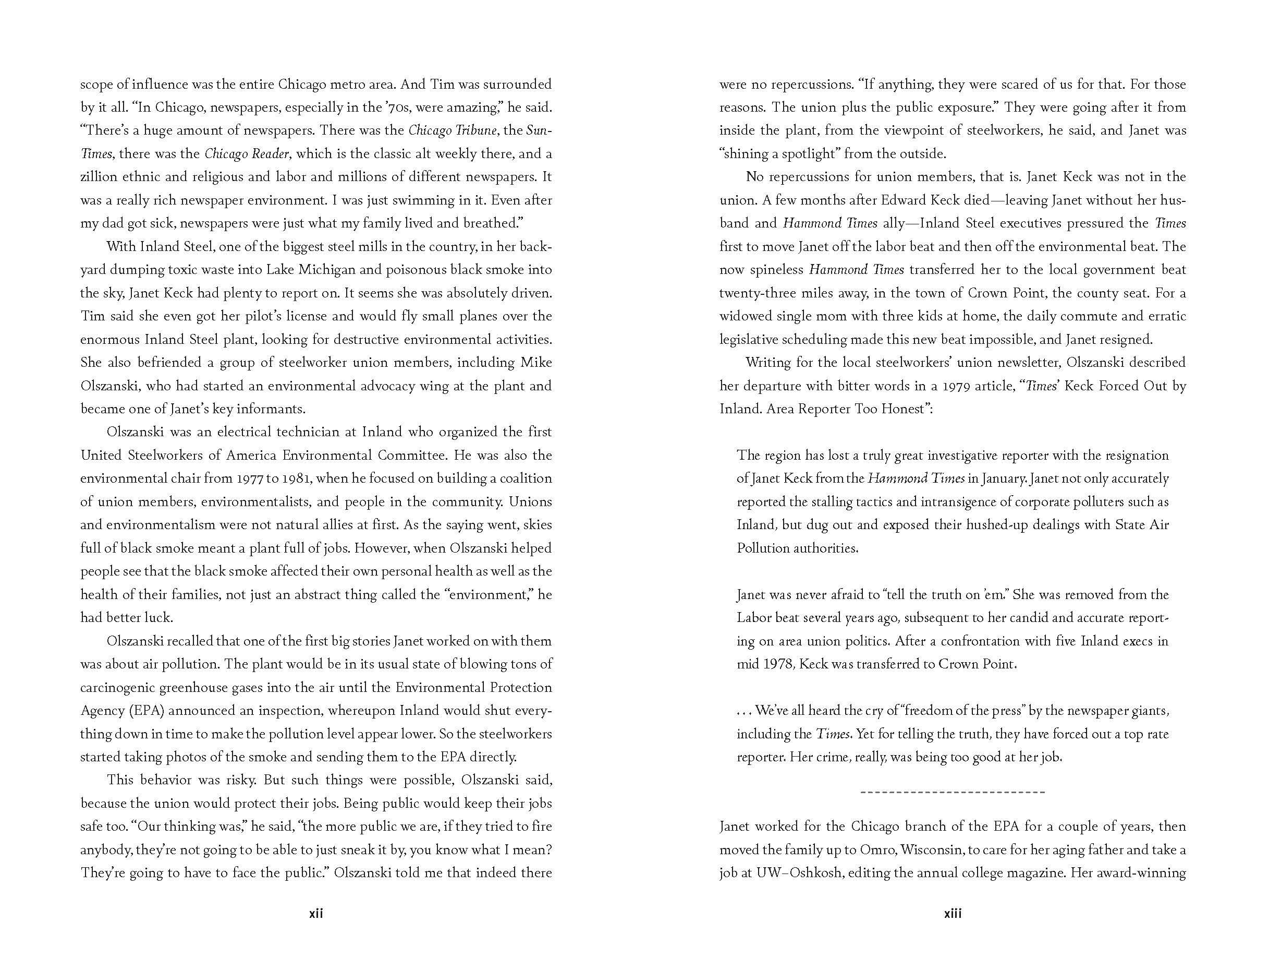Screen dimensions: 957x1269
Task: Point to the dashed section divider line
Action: [x=953, y=792]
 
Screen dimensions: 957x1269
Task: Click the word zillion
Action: [x=99, y=177]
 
